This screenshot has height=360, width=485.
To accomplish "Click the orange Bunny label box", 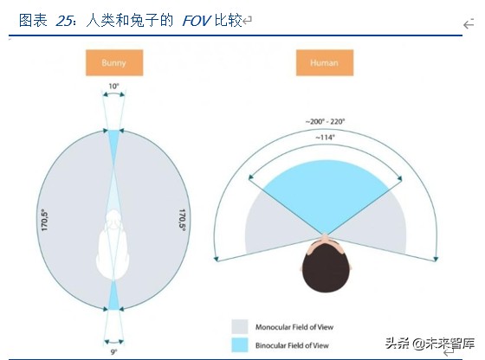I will click(114, 63).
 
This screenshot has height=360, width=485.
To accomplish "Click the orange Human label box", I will click(324, 63).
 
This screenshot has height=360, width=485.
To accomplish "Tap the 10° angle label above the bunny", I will click(114, 87).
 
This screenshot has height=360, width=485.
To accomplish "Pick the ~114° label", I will click(327, 137).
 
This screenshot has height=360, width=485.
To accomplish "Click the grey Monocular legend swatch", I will click(239, 326).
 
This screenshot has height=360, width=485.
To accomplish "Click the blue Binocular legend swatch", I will click(239, 344).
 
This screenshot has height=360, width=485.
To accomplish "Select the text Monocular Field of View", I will click(293, 326).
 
